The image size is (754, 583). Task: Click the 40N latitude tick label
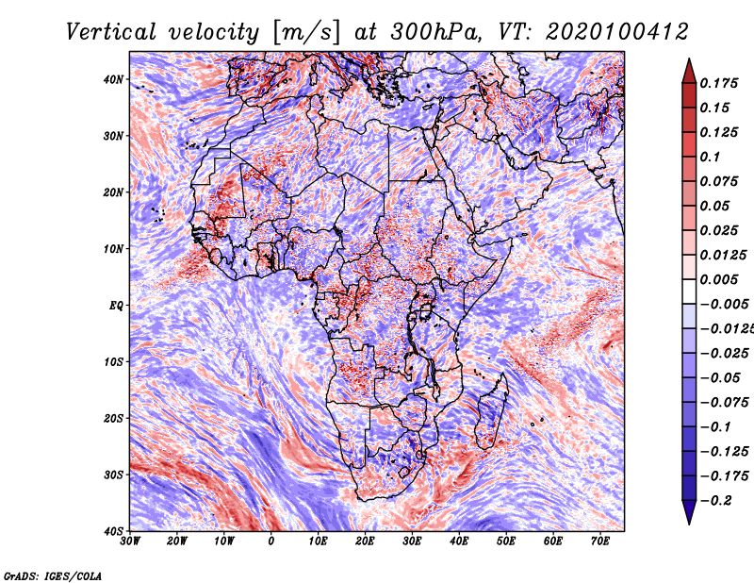tap(113, 79)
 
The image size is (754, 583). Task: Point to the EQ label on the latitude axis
tap(116, 306)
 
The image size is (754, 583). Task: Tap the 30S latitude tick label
tap(113, 475)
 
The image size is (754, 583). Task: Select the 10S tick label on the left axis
tap(113, 361)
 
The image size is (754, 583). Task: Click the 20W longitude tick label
tap(177, 541)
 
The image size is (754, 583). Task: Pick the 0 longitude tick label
tap(271, 541)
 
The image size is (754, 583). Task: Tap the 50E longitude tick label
tap(506, 541)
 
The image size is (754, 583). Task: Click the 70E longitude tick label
tap(600, 541)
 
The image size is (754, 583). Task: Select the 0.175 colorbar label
tap(718, 83)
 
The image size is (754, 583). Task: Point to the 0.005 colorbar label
tap(718, 279)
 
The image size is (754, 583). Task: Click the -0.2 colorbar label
tap(715, 501)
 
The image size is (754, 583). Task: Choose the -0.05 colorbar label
tap(720, 378)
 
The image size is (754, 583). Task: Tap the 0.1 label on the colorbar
tap(710, 157)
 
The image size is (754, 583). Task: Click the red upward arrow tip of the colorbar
tap(689, 59)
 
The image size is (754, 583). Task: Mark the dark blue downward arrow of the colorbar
tap(689, 512)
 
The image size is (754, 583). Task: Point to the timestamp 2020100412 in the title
tap(616, 32)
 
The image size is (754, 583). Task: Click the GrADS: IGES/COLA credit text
tap(53, 575)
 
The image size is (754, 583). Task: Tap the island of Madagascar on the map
tap(491, 413)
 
